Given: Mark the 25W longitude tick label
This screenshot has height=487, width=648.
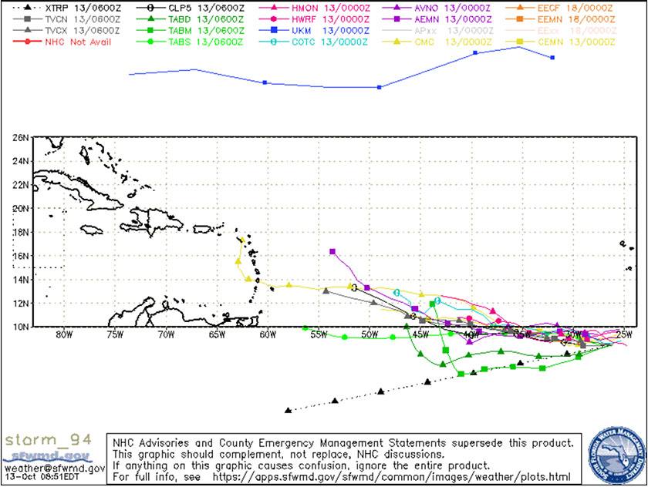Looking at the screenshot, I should (x=623, y=334).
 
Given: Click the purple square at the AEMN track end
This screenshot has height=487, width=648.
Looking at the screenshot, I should (x=332, y=252).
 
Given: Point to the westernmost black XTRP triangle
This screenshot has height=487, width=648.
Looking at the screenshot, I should (x=288, y=410).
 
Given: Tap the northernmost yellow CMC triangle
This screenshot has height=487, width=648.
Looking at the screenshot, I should (x=242, y=240).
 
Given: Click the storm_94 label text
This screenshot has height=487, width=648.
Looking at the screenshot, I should (x=49, y=440).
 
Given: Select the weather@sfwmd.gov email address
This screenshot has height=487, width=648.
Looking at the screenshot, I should (x=54, y=468).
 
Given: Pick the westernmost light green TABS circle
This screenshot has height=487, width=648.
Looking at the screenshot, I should (x=305, y=327).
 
